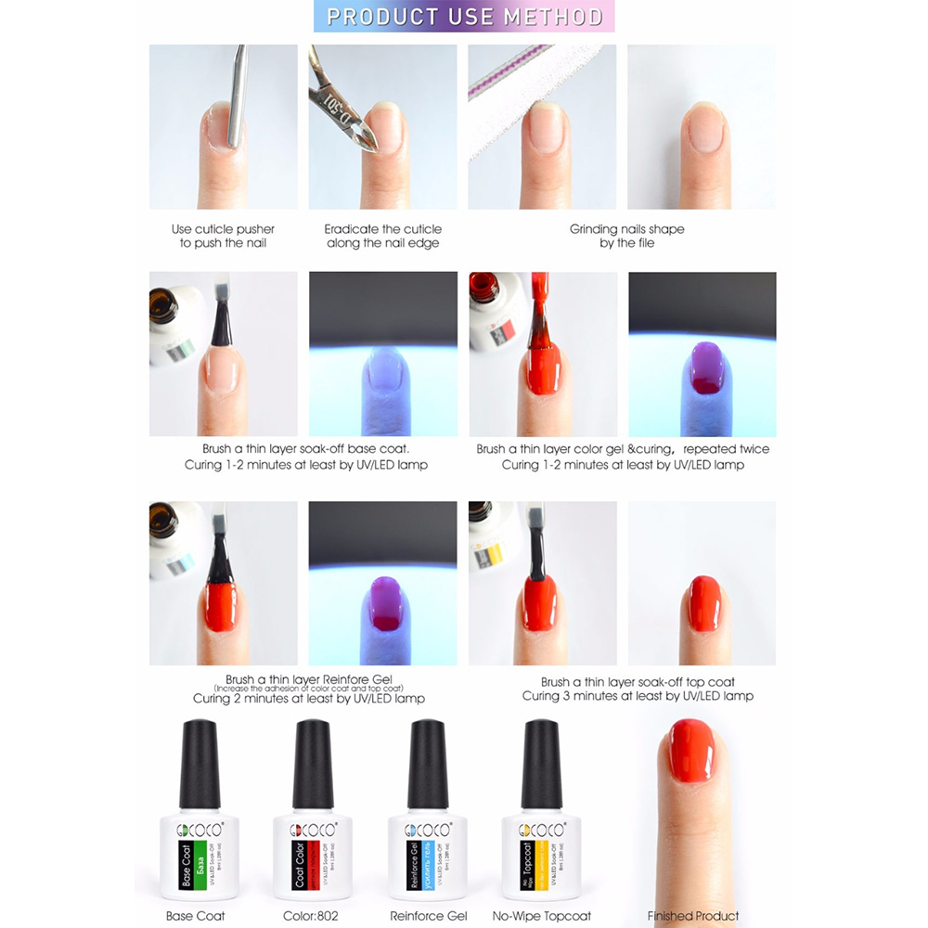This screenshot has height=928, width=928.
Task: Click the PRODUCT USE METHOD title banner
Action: coord(465,18)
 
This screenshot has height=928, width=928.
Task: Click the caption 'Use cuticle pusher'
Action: coord(223,229)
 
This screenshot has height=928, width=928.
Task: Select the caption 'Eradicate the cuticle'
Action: coord(382,229)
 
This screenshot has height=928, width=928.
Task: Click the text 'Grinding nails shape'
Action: coord(626,229)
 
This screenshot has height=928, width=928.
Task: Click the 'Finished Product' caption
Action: coord(692,916)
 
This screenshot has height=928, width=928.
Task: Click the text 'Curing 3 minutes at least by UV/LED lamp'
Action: coord(637,696)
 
